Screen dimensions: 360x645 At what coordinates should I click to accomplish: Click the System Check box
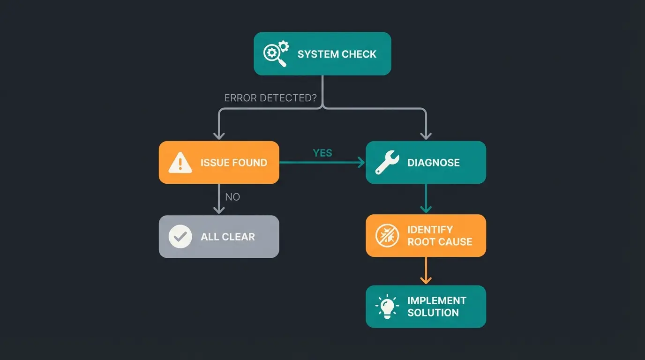[x=322, y=53]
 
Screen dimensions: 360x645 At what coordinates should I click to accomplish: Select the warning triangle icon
[x=180, y=163]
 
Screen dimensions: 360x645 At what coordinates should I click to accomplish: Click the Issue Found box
[x=219, y=162]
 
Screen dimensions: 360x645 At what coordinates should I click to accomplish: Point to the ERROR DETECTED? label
[x=270, y=98]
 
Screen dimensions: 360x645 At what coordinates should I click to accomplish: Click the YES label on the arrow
[x=322, y=153]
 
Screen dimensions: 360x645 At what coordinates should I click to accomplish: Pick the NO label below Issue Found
[x=232, y=197]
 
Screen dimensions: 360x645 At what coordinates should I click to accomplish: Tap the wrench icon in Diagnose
[x=387, y=163]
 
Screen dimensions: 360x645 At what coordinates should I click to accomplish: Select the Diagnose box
[x=426, y=162]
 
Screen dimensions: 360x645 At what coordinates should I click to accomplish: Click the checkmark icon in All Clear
[x=180, y=237]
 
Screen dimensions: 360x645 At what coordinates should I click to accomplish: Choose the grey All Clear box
[x=219, y=236]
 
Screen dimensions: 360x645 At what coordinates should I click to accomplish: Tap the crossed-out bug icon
[x=387, y=236]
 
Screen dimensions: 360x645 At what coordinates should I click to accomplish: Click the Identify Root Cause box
[x=426, y=235]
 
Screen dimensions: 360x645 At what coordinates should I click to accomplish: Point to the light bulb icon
[x=387, y=307]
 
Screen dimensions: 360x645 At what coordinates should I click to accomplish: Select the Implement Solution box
[x=426, y=307]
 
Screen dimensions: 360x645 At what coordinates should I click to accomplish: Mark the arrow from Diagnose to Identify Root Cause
[x=426, y=198]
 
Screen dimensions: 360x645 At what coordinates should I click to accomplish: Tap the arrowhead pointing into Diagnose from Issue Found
[x=361, y=163]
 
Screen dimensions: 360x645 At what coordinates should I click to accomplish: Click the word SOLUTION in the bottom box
[x=433, y=313]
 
